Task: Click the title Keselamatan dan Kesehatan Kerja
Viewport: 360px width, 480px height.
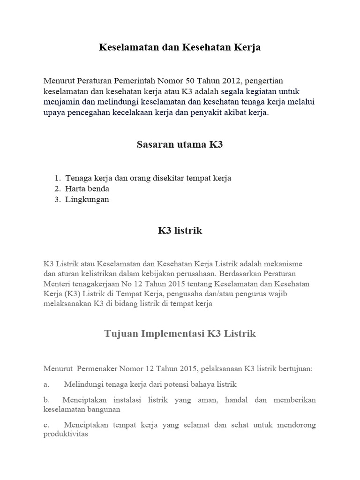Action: (x=180, y=47)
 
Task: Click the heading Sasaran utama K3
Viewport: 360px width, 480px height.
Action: (x=180, y=144)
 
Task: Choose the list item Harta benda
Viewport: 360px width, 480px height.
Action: (x=87, y=189)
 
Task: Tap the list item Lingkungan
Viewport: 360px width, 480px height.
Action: (x=87, y=200)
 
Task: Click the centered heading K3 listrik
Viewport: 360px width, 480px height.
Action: (x=180, y=231)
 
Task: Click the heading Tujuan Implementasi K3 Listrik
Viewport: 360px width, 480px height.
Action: (x=180, y=334)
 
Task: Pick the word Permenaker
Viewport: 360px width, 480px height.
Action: (x=100, y=368)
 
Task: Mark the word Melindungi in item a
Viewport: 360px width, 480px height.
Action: (x=83, y=384)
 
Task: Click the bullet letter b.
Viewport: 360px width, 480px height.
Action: (x=46, y=400)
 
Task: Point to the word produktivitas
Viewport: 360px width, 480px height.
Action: (x=66, y=434)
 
